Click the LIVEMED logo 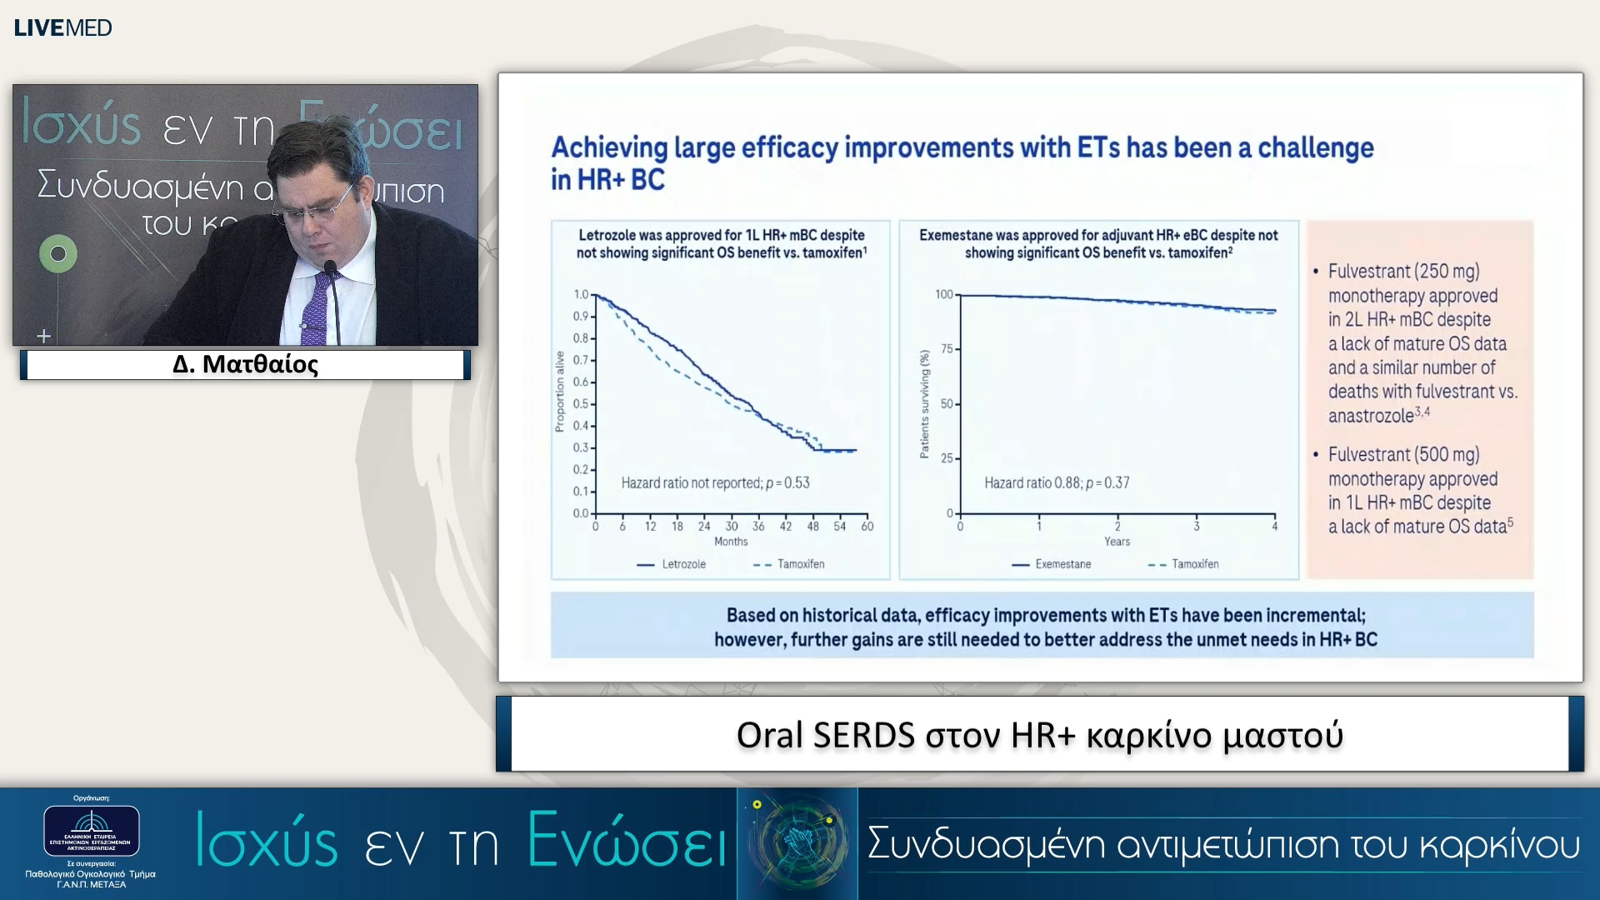coord(62,27)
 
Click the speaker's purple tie coord(315,308)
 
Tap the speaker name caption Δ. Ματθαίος coord(245,364)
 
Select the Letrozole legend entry coord(683,564)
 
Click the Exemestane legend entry coord(1062,564)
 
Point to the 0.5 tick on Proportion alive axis coord(581,404)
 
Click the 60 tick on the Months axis coord(867,526)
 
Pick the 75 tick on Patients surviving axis coord(947,348)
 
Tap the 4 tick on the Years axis coord(1274,526)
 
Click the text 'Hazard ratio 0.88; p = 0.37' coord(1057,482)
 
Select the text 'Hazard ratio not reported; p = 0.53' coord(715,482)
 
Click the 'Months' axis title coord(731,542)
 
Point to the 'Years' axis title coord(1117,542)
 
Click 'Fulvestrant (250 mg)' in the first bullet coord(1403,272)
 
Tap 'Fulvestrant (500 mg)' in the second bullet coord(1403,455)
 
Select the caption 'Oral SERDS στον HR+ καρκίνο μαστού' coord(1039,735)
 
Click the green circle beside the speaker coord(58,253)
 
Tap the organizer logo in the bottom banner coord(92,831)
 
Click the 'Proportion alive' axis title coord(560,392)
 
